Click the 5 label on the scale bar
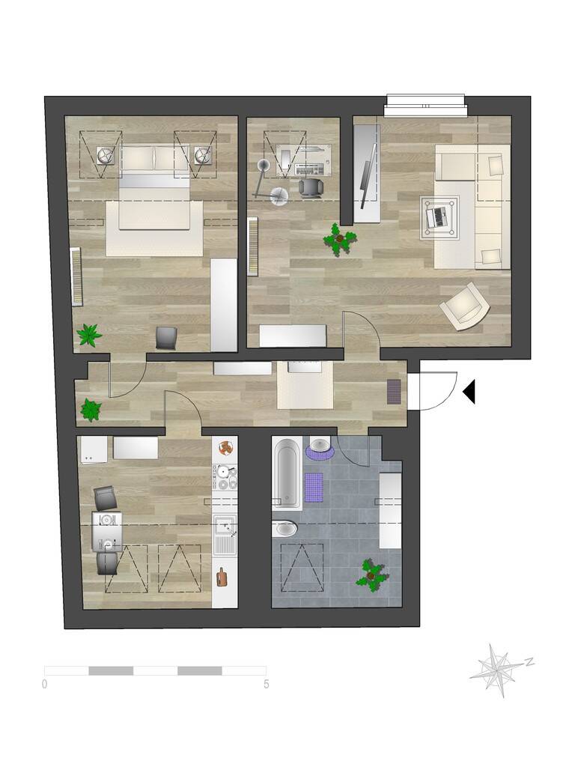[x=267, y=684]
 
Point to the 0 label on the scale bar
[x=44, y=684]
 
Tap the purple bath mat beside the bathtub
[x=315, y=487]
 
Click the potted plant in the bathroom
[x=373, y=575]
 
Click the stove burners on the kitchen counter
[x=225, y=478]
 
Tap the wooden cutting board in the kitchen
[x=222, y=577]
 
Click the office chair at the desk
[x=311, y=187]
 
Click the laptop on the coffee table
[x=439, y=217]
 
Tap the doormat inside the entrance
[x=394, y=392]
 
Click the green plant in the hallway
[x=91, y=410]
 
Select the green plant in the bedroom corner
[x=89, y=335]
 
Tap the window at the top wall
[x=425, y=105]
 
